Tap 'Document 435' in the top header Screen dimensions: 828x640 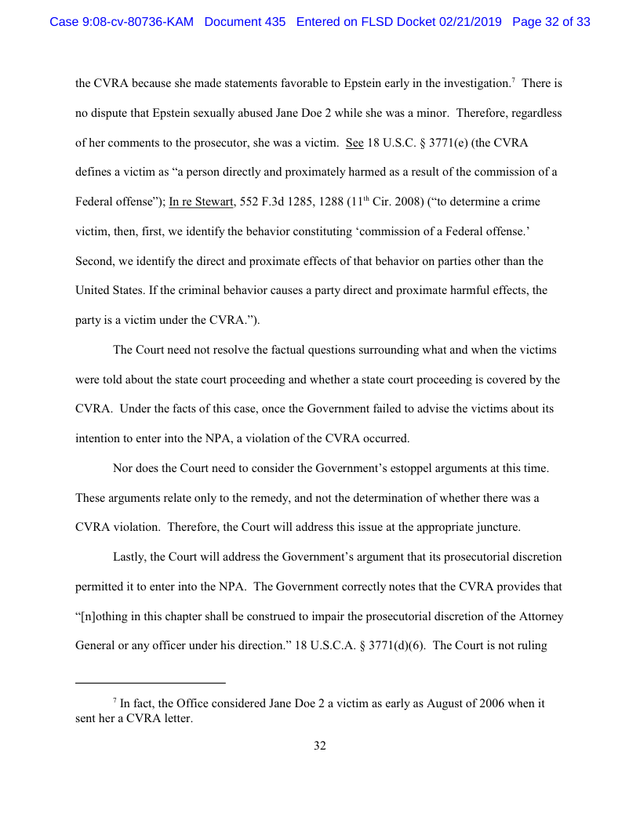click(245, 22)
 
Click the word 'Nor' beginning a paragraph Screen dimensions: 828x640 click(124, 468)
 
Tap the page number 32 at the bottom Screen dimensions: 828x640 click(320, 746)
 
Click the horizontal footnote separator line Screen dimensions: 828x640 click(151, 682)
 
